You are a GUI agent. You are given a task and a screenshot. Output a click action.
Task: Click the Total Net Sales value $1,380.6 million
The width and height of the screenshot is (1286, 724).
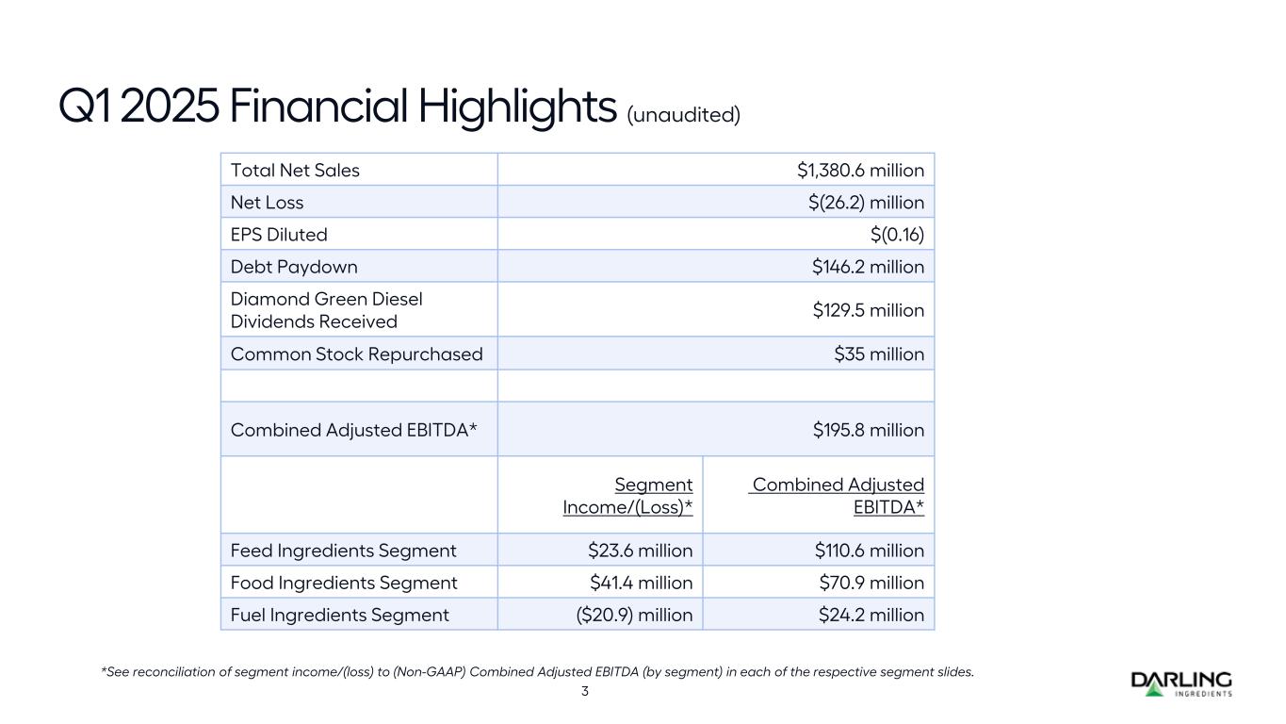pyautogui.click(x=860, y=171)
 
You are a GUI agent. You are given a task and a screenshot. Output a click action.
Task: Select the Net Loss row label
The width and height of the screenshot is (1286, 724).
pyautogui.click(x=268, y=203)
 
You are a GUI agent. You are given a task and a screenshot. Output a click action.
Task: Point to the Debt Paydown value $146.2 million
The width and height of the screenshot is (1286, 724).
pyautogui.click(x=868, y=267)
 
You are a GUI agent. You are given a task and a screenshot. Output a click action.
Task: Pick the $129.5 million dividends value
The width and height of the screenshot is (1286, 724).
pyautogui.click(x=868, y=310)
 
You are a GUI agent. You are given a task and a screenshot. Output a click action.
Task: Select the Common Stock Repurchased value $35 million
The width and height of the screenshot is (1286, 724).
pyautogui.click(x=879, y=354)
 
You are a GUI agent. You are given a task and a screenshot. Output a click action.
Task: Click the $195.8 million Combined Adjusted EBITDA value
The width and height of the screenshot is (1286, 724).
pyautogui.click(x=868, y=430)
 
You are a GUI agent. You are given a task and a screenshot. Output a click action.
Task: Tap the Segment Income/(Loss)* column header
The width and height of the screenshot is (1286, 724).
pyautogui.click(x=627, y=496)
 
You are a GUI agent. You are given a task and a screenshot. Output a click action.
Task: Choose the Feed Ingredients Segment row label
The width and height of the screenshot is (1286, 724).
pyautogui.click(x=344, y=551)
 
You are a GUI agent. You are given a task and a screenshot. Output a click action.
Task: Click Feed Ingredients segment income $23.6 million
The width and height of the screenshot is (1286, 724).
pyautogui.click(x=640, y=551)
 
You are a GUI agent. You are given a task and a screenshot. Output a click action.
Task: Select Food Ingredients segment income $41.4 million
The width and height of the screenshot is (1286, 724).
pyautogui.click(x=640, y=583)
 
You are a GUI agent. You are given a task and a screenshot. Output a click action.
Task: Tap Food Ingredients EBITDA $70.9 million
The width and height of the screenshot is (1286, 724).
pyautogui.click(x=871, y=583)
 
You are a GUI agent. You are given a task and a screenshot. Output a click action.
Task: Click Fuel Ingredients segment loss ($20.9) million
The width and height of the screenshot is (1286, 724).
pyautogui.click(x=633, y=615)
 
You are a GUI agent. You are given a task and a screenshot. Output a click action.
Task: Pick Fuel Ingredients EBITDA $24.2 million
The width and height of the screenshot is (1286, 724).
pyautogui.click(x=871, y=615)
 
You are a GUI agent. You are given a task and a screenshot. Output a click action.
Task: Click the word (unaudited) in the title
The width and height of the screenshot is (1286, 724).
pyautogui.click(x=684, y=114)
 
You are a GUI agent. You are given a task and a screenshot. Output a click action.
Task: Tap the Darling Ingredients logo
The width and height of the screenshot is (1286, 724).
pyautogui.click(x=1180, y=683)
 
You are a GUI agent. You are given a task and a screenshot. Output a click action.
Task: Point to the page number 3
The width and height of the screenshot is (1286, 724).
pyautogui.click(x=584, y=691)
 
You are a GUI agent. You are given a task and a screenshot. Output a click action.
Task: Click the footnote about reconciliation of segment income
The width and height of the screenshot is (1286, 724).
pyautogui.click(x=537, y=672)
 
